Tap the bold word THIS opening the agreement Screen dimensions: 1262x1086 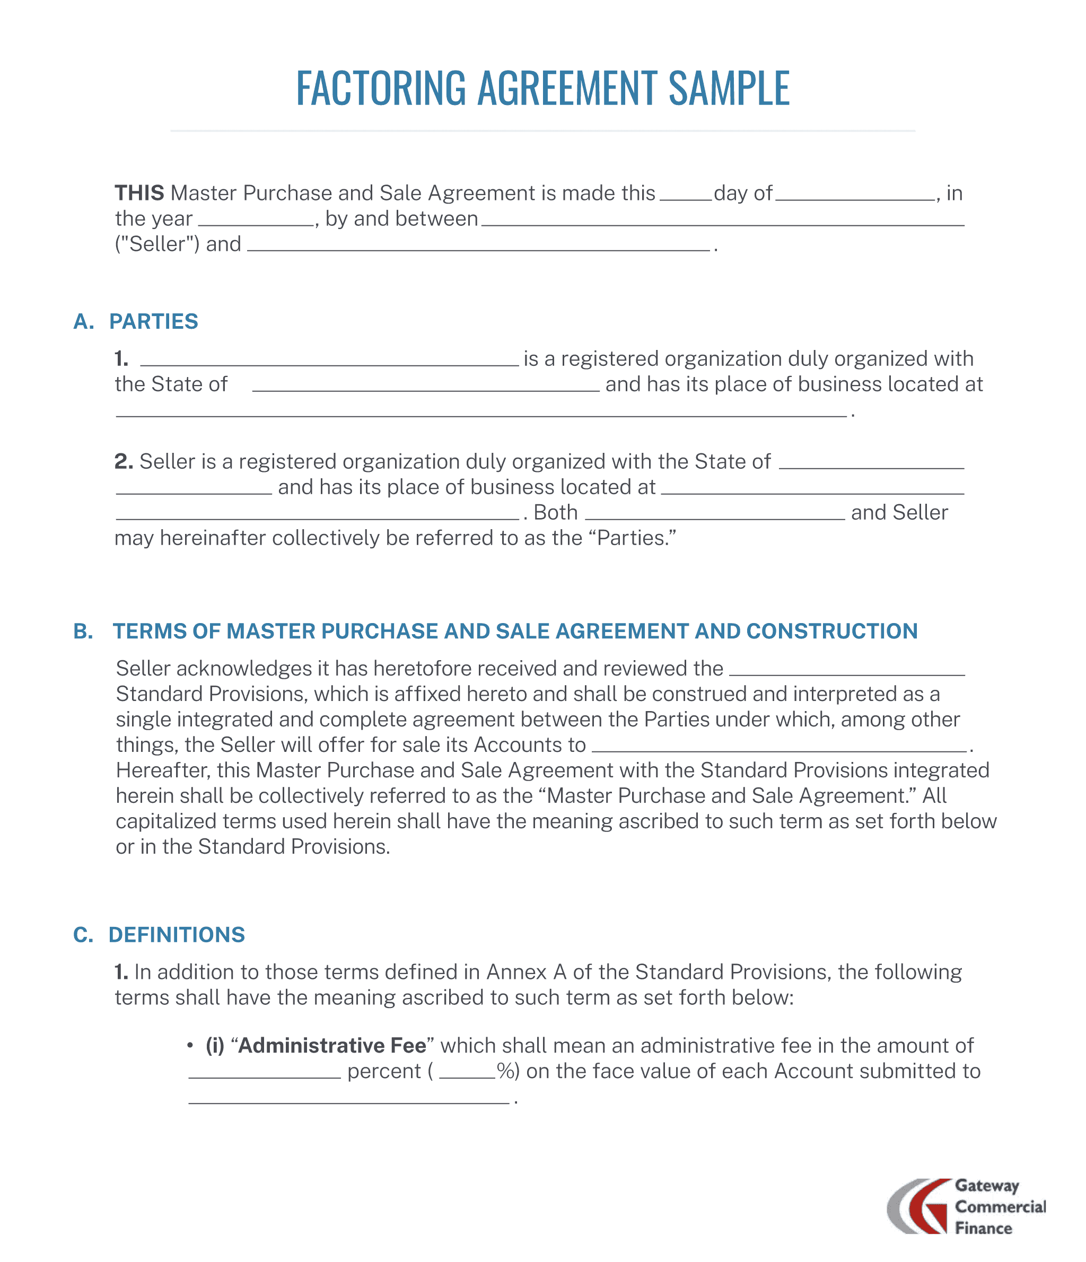(x=139, y=193)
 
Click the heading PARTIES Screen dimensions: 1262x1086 (x=153, y=321)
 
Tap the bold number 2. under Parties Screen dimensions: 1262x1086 (x=124, y=461)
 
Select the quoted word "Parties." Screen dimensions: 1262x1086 (x=636, y=538)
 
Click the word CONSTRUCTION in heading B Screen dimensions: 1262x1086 (x=831, y=631)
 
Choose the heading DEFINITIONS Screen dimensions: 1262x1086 (x=177, y=934)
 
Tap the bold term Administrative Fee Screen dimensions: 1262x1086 (x=332, y=1045)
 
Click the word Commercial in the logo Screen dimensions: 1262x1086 (x=1000, y=1206)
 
